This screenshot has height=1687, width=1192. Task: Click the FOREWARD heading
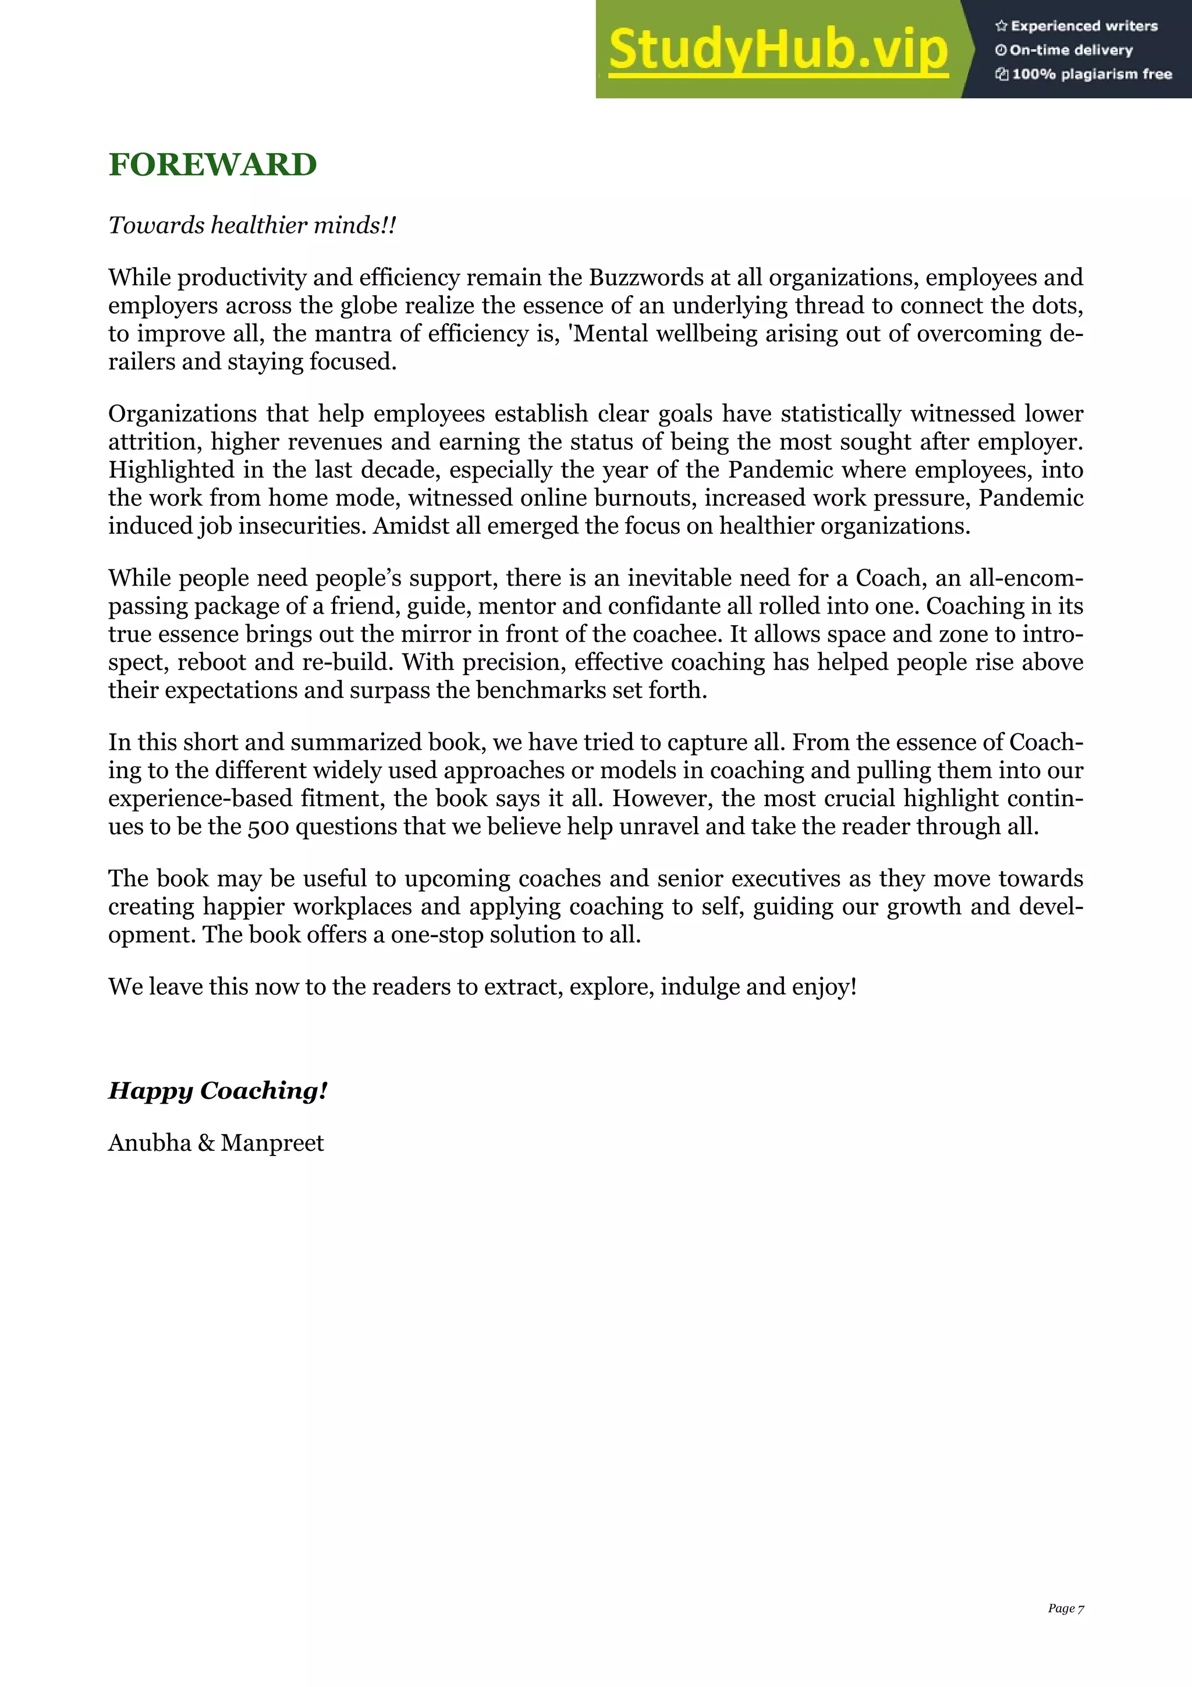coord(212,165)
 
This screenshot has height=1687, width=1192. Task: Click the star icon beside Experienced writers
coord(1001,26)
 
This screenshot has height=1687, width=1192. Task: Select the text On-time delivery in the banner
coord(1071,50)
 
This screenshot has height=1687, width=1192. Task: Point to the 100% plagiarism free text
coord(1091,73)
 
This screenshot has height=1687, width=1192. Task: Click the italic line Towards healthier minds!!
coord(252,225)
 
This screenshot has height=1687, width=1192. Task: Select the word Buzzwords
coord(646,278)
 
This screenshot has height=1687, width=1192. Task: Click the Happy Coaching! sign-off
coord(218,1090)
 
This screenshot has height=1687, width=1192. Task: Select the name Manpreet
coord(272,1143)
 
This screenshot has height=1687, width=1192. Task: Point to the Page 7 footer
coord(1065,1608)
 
